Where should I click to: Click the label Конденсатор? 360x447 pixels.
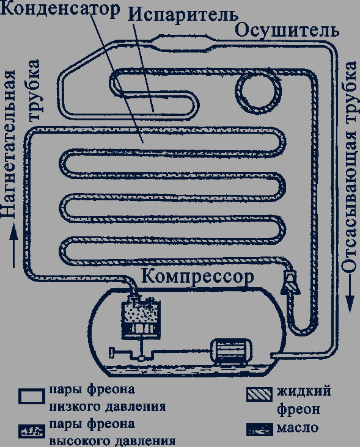60,9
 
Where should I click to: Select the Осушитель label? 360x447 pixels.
287,31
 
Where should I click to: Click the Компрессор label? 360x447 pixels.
197,276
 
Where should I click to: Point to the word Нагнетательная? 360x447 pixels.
9,145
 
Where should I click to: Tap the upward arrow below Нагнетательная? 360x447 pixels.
13,245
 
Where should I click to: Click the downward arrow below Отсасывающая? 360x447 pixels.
350,294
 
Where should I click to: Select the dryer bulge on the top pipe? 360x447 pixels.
183,43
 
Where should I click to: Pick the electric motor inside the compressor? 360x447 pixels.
231,351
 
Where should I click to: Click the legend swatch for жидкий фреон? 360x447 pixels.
259,394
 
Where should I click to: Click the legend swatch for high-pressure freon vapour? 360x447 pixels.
31,431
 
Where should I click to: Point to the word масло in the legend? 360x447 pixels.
298,428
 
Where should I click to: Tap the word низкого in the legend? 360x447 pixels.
75,407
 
